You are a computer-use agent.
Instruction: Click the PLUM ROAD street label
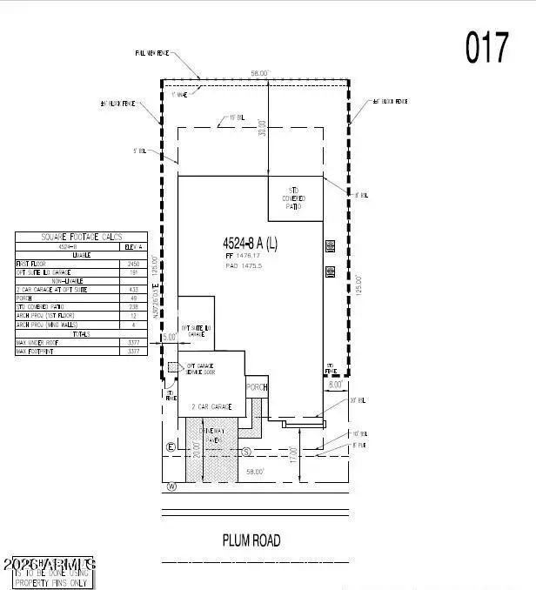(251, 540)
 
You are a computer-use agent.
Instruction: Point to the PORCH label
(257, 387)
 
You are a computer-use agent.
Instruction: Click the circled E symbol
(171, 447)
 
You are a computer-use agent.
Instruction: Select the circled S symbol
(247, 452)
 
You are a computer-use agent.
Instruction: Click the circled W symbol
(172, 486)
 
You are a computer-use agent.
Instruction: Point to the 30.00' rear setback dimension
(262, 126)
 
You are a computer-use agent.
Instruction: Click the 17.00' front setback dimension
(295, 453)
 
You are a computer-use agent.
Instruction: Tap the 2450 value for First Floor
(134, 263)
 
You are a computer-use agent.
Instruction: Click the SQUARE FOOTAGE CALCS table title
(83, 237)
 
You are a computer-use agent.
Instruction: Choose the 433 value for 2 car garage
(134, 289)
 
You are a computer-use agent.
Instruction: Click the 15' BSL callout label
(236, 115)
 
